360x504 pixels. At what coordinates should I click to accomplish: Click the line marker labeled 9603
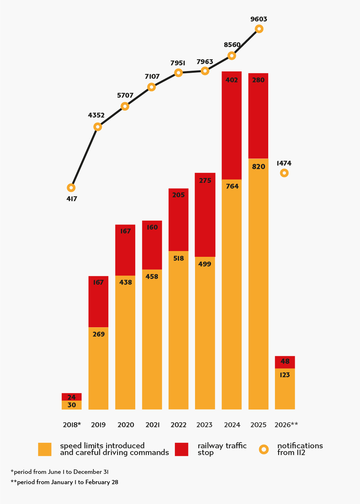(x=259, y=29)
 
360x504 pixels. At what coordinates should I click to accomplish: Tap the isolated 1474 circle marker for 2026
(x=284, y=173)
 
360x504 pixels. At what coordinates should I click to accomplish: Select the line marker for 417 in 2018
(x=71, y=188)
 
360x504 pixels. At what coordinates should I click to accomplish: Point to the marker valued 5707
(x=125, y=106)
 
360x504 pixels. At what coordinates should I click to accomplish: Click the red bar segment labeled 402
(x=232, y=125)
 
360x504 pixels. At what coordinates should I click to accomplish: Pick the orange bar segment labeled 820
(x=258, y=284)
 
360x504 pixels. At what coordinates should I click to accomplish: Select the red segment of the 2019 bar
(x=98, y=301)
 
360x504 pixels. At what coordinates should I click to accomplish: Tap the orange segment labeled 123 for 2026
(x=285, y=389)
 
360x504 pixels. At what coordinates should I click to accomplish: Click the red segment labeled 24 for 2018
(x=71, y=397)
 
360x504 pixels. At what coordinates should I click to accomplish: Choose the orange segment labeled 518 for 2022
(x=178, y=330)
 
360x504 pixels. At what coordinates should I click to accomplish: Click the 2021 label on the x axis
(x=152, y=425)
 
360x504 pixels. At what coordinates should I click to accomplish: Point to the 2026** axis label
(x=286, y=425)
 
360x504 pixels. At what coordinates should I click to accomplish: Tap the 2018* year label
(x=72, y=425)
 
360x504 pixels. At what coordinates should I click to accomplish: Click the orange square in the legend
(x=45, y=449)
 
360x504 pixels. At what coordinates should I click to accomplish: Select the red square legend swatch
(x=182, y=449)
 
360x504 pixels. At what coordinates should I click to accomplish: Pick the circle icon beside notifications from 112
(x=264, y=449)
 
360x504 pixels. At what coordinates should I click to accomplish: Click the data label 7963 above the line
(x=205, y=62)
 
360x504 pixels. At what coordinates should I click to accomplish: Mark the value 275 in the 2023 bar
(x=205, y=180)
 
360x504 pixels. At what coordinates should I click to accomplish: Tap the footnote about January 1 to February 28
(x=64, y=482)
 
